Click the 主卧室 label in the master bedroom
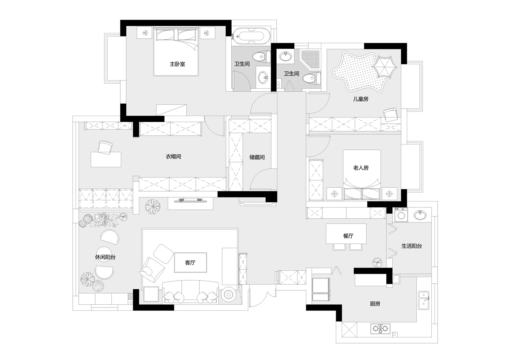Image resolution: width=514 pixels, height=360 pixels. tap(177, 64)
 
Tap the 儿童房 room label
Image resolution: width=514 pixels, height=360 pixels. tap(360, 99)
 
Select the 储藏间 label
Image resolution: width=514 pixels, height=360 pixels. tap(257, 157)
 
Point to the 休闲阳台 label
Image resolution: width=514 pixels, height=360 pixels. tap(105, 257)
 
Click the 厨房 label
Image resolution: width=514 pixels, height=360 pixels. tap(375, 304)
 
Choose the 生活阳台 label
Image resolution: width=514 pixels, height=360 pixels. tap(412, 246)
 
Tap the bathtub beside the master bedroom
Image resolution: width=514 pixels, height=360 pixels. tap(251, 36)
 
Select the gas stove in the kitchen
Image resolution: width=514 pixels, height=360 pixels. tap(380, 329)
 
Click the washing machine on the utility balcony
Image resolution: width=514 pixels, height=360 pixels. tap(401, 215)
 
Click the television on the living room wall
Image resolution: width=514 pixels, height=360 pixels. tap(191, 200)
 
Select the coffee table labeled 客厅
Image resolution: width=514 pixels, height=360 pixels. tap(191, 263)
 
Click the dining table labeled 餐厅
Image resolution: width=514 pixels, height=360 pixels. tap(346, 233)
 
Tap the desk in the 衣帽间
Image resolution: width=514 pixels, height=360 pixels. tap(106, 159)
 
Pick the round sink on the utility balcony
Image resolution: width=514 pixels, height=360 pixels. tap(420, 215)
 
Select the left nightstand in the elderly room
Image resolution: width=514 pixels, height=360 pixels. tap(335, 194)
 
